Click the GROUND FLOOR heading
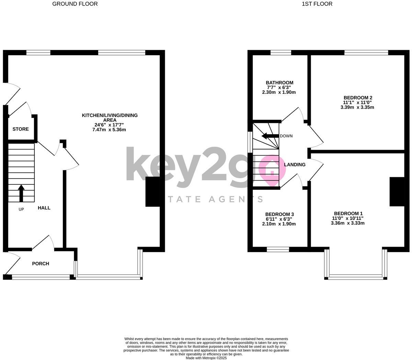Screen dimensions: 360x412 coord(75,4)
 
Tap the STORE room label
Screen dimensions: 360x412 coord(21,129)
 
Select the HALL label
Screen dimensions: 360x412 coord(44,208)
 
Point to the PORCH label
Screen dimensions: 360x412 coord(41,264)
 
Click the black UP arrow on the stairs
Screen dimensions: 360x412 coord(21,193)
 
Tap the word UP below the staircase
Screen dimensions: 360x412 coord(21,209)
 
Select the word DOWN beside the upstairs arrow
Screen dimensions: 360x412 coord(286,136)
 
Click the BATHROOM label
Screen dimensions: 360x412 coord(279,83)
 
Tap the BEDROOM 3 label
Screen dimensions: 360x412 coord(279,214)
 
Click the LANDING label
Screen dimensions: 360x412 coord(295,165)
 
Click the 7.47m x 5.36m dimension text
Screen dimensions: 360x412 coord(109,130)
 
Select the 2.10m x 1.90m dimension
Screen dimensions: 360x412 coord(279,224)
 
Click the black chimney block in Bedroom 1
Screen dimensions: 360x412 coord(397,192)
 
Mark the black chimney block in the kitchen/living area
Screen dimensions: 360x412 coord(153,192)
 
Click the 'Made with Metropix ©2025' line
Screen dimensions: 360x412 coord(206,358)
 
